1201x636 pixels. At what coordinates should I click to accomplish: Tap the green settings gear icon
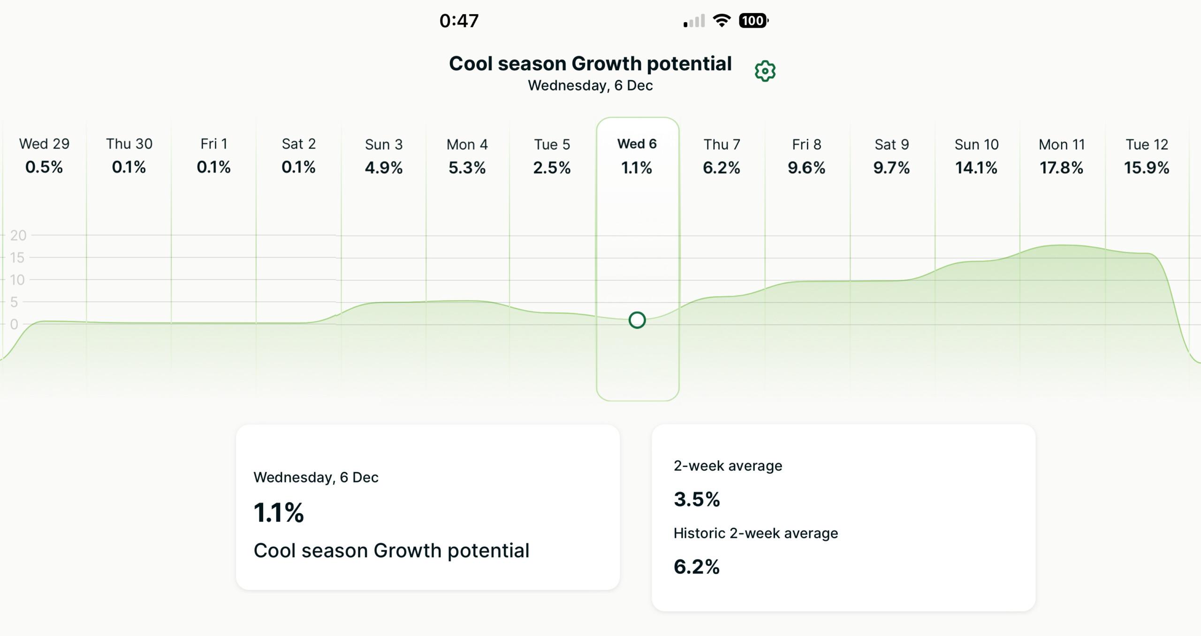(x=765, y=71)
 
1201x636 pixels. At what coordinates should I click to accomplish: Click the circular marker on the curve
(x=637, y=320)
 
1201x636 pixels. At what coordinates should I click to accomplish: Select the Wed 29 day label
(x=44, y=144)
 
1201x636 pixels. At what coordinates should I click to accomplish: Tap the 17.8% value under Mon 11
(x=1061, y=168)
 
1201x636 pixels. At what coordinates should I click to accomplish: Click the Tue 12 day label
(x=1147, y=144)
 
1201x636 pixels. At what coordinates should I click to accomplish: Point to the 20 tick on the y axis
(x=18, y=235)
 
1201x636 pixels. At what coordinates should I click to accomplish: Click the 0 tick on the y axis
(x=14, y=324)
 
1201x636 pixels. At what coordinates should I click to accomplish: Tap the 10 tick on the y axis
(x=17, y=280)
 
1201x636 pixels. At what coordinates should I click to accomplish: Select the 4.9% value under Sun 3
(x=383, y=168)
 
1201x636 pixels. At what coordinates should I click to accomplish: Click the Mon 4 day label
(x=467, y=144)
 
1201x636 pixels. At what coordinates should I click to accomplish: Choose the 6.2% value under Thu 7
(x=721, y=168)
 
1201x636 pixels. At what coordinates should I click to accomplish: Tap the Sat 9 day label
(x=891, y=144)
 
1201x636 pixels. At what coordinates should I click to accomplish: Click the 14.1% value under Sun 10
(x=976, y=168)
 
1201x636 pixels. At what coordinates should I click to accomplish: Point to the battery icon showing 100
(x=753, y=21)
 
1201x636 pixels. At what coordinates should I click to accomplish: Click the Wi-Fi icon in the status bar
(x=722, y=20)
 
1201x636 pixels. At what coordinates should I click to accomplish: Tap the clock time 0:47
(x=459, y=21)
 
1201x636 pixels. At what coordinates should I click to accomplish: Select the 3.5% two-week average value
(x=697, y=499)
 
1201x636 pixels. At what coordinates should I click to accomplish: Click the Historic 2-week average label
(x=755, y=533)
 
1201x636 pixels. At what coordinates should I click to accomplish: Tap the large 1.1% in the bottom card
(x=279, y=512)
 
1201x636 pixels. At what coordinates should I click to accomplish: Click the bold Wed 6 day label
(x=637, y=144)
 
